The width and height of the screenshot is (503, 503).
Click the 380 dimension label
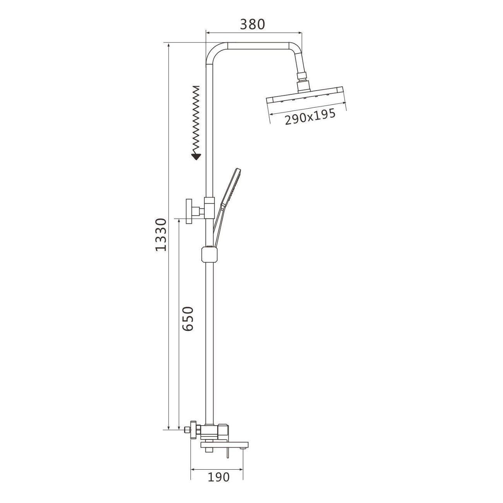click(252, 24)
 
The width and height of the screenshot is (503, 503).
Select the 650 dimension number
click(188, 319)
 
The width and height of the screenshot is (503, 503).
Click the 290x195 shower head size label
click(310, 116)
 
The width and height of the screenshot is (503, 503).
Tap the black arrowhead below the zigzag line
click(196, 156)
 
